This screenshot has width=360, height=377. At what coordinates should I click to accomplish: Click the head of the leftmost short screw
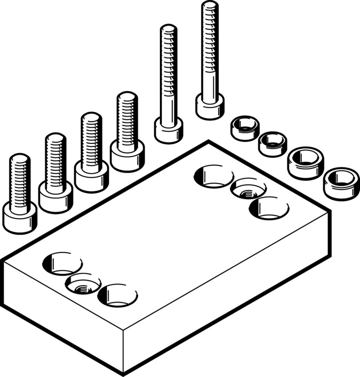coord(20,218)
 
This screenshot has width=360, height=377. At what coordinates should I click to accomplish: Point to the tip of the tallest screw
coord(209,6)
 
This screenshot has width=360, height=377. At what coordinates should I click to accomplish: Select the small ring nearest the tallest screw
coord(245,128)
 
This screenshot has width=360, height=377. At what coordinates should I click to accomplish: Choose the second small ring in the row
coord(272,144)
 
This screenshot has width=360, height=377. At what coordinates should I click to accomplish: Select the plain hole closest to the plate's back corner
coord(214,176)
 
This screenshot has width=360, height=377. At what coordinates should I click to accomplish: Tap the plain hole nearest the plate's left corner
coord(62,264)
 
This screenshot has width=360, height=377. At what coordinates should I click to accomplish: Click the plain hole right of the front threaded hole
coord(117,295)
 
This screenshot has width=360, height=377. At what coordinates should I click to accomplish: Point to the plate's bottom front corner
coord(123,373)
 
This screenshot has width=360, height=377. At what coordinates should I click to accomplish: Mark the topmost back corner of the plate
coord(209,142)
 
